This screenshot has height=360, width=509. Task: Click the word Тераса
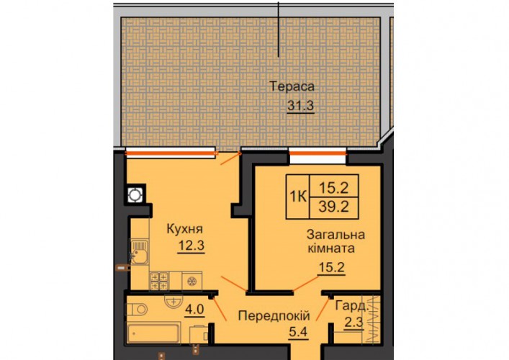tap(292, 86)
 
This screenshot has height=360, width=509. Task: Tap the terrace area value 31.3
tap(301, 106)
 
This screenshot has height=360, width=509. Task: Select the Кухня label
tap(184, 229)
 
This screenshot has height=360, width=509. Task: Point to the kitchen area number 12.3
tap(192, 246)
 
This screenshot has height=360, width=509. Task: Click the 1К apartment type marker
tap(298, 197)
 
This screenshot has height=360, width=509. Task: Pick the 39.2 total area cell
tap(334, 207)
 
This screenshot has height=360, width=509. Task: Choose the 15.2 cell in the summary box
tap(334, 187)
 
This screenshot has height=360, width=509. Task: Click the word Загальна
tap(335, 235)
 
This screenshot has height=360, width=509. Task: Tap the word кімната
tap(331, 248)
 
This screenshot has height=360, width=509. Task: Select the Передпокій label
tap(274, 316)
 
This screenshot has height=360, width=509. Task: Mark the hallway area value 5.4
tap(298, 332)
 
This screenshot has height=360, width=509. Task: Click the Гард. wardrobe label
tap(352, 306)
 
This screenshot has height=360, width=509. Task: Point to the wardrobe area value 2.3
tap(353, 323)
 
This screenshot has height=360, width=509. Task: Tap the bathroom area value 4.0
tap(194, 309)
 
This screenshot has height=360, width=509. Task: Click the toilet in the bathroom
tap(137, 310)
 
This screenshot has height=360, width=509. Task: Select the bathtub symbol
tap(153, 333)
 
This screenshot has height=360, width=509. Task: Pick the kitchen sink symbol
tap(139, 252)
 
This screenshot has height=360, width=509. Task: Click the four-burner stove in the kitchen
tap(159, 281)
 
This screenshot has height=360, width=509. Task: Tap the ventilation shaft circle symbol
tap(135, 195)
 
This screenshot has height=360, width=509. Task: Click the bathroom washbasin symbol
tap(174, 302)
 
